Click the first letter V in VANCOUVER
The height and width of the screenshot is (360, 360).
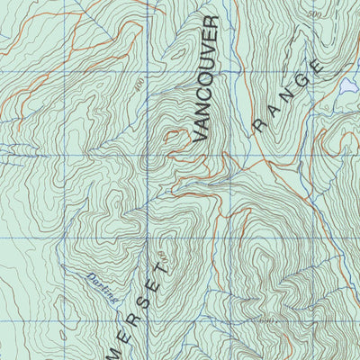point(200,135)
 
